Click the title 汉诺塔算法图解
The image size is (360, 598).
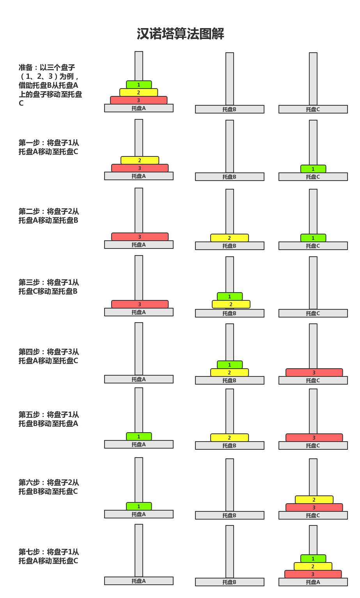(x=180, y=34)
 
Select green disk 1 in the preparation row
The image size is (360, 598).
(x=139, y=85)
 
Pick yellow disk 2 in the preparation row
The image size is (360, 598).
(x=138, y=92)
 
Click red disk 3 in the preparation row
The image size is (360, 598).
(x=138, y=100)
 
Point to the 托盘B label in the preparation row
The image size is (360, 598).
(x=229, y=109)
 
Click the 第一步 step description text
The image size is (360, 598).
(x=49, y=147)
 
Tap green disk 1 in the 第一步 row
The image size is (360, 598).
(x=313, y=169)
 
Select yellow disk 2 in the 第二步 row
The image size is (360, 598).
(x=229, y=238)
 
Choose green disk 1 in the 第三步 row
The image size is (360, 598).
(x=229, y=296)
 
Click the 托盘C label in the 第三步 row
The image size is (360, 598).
(x=313, y=313)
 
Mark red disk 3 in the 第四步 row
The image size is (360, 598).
(x=314, y=373)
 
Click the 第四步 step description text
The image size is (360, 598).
(x=49, y=356)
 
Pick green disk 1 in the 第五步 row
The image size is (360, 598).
(x=139, y=437)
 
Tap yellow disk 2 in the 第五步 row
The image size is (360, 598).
(x=229, y=438)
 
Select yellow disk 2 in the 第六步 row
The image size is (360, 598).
(x=314, y=500)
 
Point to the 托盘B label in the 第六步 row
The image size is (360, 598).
(x=229, y=515)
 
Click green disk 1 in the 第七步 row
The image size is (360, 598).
(x=313, y=559)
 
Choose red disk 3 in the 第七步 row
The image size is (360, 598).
(x=313, y=574)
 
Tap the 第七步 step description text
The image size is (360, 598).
(x=49, y=556)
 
